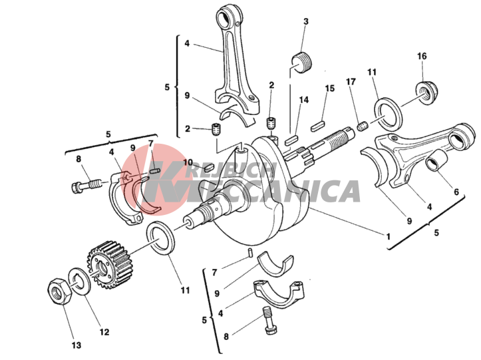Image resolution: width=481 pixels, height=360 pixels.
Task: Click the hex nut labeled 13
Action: [x=60, y=291]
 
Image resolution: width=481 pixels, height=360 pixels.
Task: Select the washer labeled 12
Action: [x=79, y=281]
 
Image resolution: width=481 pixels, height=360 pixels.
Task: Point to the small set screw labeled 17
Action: [x=363, y=126]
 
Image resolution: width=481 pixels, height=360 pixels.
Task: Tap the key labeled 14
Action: [x=291, y=140]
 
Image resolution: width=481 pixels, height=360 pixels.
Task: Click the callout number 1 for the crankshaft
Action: [x=388, y=237]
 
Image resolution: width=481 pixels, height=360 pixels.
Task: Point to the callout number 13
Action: [x=77, y=345]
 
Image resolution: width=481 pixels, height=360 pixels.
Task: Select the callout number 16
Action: [x=422, y=56]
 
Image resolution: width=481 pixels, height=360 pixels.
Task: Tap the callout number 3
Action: [x=305, y=21]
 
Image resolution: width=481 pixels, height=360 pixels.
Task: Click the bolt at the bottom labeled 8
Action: [x=269, y=321]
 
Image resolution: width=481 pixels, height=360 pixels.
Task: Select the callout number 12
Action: [x=104, y=332]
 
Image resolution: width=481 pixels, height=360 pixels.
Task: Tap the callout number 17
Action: [x=351, y=82]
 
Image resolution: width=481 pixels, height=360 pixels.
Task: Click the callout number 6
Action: [x=456, y=192]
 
